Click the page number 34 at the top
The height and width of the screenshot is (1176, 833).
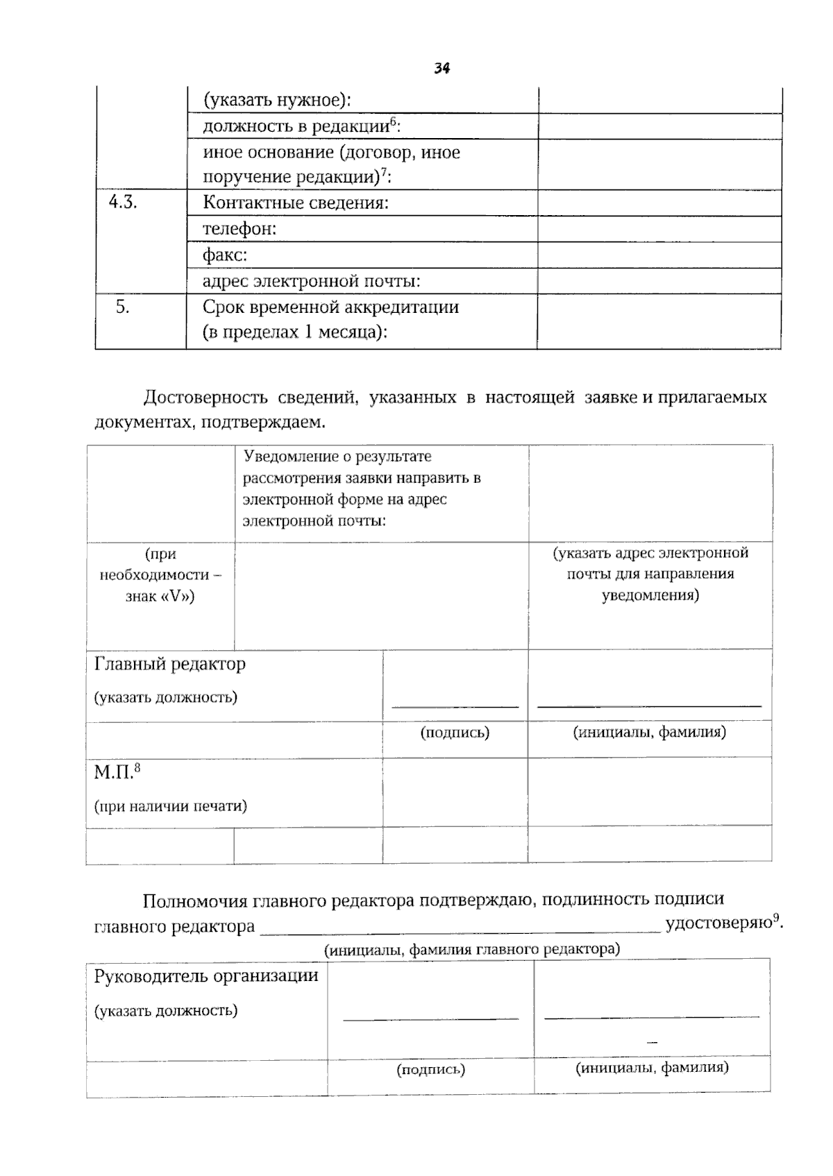coord(442,69)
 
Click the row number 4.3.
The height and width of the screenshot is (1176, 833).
coord(123,203)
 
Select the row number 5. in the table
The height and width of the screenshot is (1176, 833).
coord(122,307)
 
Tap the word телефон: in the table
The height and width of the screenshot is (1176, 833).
coord(239,229)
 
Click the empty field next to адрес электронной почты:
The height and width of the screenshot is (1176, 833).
coord(659,281)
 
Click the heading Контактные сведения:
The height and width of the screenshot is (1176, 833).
coord(295,203)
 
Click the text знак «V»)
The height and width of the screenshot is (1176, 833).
coord(160,596)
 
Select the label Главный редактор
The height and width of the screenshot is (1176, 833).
coord(169,664)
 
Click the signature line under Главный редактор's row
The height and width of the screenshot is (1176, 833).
coord(455,706)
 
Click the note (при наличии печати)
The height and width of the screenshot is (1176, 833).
coord(170,806)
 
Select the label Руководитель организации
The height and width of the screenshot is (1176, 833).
coord(206,976)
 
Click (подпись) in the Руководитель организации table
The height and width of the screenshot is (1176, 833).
coord(430,1070)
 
